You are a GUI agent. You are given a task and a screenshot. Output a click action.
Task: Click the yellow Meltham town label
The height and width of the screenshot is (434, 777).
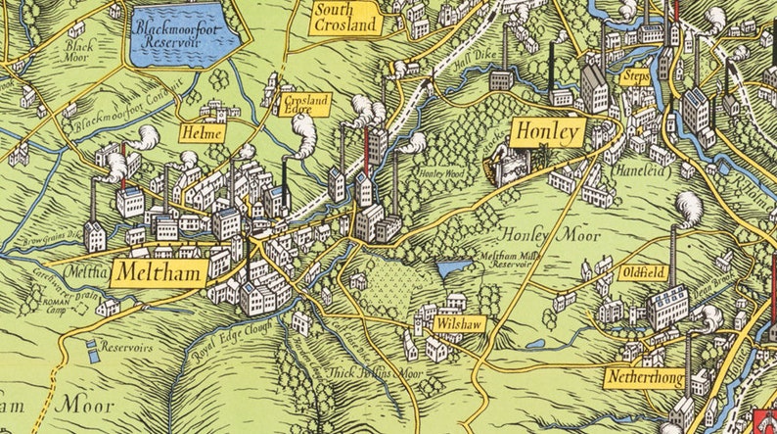coord(160,271)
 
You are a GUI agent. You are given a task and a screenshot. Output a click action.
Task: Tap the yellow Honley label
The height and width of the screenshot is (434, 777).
coord(548,132)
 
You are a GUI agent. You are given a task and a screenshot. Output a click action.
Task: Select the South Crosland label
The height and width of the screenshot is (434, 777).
coord(344,18)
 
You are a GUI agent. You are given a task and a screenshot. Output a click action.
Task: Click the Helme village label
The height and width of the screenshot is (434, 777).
coord(204,132)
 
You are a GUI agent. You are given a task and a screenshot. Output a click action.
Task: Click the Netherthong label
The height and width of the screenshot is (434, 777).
coord(643,377)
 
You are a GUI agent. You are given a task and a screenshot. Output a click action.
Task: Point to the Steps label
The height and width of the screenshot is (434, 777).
coord(635,76)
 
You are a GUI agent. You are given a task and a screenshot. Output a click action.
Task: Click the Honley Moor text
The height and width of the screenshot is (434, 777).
coord(537,234)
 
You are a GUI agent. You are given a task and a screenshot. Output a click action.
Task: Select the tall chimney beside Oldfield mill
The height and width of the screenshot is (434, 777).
coord(672,257)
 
